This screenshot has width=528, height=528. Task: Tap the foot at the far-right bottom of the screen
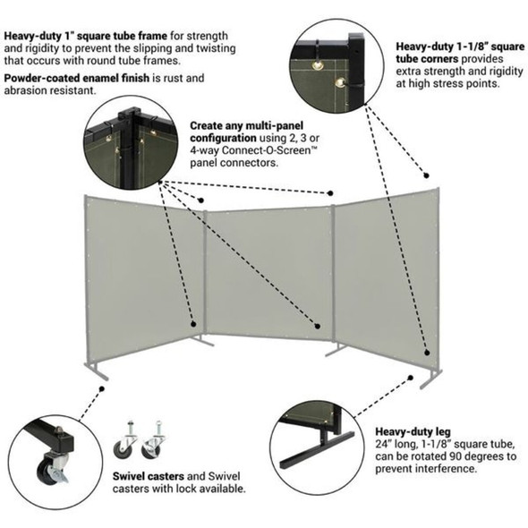tap(432, 376)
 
